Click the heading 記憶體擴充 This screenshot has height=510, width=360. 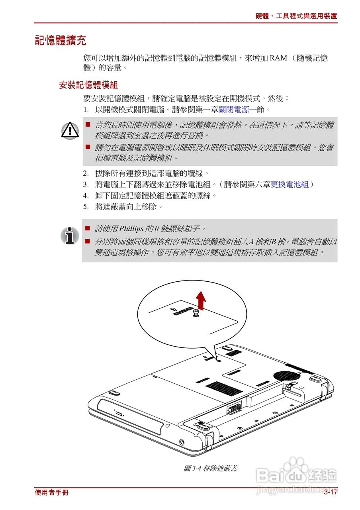[61, 40]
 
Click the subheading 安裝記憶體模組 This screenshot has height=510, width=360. [88, 85]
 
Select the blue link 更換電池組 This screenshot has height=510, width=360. [290, 184]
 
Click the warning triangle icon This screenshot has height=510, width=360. [70, 130]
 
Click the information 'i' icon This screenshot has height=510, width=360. [70, 235]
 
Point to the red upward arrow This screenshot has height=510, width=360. [202, 300]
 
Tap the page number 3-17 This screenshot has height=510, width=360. [331, 492]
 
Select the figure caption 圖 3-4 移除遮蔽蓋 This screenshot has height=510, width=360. [210, 469]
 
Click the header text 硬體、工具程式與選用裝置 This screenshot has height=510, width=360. [296, 16]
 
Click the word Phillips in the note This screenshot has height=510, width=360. [131, 229]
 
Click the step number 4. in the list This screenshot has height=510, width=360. [86, 196]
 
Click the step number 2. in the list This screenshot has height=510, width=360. [86, 173]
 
